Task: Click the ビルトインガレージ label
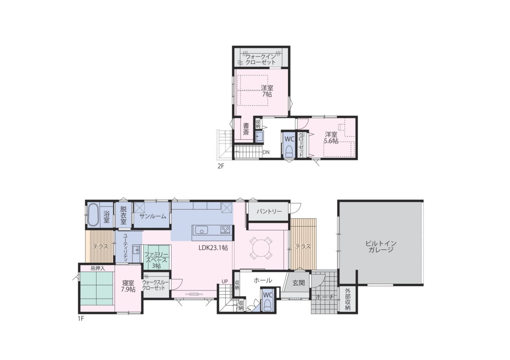(x=381, y=247)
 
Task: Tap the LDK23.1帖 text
(x=213, y=248)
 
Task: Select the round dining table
(x=261, y=248)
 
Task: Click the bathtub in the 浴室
(x=93, y=215)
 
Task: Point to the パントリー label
(x=269, y=211)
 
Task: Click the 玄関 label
(x=298, y=283)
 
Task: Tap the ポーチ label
(x=325, y=297)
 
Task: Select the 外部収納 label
(x=348, y=299)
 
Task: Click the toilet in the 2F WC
(x=289, y=151)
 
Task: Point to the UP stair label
(x=225, y=282)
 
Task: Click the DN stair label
(x=266, y=152)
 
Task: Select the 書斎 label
(x=246, y=129)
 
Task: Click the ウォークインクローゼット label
(x=261, y=59)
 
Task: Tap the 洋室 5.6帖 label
(x=331, y=138)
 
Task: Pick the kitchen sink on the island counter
(x=201, y=230)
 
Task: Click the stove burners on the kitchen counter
(x=226, y=230)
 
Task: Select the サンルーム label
(x=153, y=216)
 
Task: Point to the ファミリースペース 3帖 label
(x=156, y=260)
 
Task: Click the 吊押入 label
(x=98, y=269)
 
